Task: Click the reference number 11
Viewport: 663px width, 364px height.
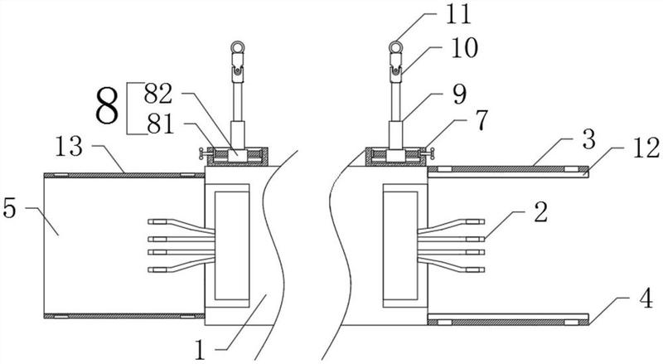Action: pos(458,13)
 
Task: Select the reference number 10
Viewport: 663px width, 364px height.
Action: pos(465,47)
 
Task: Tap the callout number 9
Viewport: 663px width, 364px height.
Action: pos(460,95)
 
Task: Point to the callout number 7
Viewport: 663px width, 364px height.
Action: pos(482,120)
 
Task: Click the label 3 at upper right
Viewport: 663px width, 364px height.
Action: pos(588,139)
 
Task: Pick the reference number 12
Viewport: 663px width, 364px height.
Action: pos(646,148)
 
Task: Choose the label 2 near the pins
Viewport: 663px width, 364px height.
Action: pos(541,212)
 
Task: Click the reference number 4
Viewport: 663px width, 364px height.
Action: pos(646,299)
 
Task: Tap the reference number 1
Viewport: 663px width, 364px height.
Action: pos(200,350)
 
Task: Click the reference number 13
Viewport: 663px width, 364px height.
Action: pos(69,146)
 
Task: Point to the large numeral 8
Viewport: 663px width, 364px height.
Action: pos(107,107)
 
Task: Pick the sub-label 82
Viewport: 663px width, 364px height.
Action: pos(158,93)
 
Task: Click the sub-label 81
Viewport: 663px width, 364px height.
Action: pos(160,124)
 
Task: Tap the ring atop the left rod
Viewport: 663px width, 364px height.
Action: pos(238,46)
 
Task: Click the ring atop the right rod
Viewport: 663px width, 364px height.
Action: pos(396,46)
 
